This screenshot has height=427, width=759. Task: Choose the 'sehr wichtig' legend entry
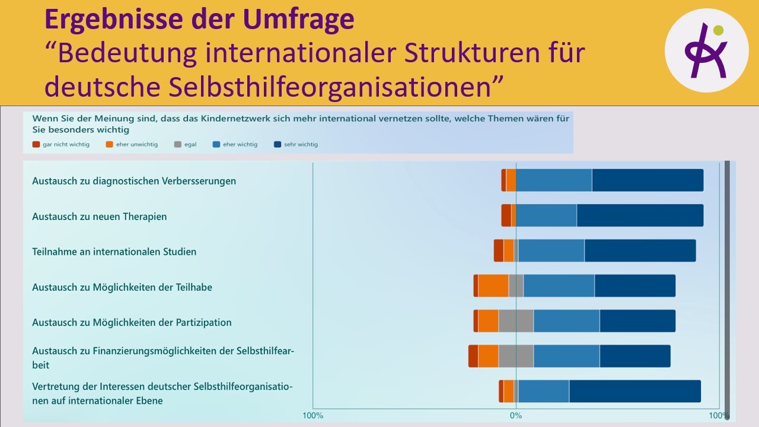[296, 144]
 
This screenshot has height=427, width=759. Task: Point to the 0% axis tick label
[516, 415]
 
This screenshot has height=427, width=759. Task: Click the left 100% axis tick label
[313, 415]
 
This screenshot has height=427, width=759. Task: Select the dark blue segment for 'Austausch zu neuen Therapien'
[640, 215]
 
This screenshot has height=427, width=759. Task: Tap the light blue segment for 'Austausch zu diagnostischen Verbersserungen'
[554, 180]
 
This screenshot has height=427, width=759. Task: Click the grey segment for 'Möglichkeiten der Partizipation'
[516, 321]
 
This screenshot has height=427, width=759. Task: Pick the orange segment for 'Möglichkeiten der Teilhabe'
[493, 286]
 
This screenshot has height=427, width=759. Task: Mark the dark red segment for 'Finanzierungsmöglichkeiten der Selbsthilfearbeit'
[473, 356]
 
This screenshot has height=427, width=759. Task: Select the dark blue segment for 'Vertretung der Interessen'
[634, 391]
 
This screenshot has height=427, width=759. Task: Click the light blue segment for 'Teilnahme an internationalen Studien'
[551, 250]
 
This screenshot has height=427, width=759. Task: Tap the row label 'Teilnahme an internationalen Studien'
[114, 251]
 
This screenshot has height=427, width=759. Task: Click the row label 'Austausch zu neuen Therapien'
[99, 216]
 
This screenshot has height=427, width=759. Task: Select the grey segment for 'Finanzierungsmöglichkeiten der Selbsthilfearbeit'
[516, 356]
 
